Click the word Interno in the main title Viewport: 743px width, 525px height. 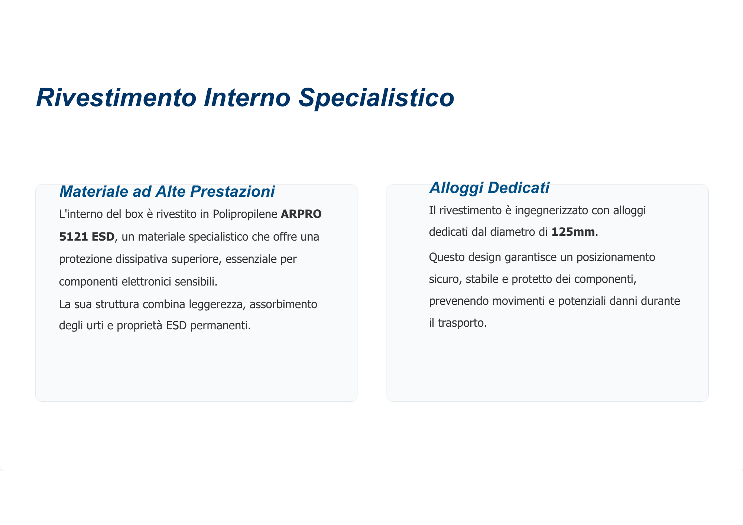coord(247,98)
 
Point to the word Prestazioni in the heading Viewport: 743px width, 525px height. coord(233,192)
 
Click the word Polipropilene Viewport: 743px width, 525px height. coord(245,215)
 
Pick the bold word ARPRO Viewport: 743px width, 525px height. coord(301,214)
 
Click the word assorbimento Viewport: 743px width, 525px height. coord(283,304)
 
